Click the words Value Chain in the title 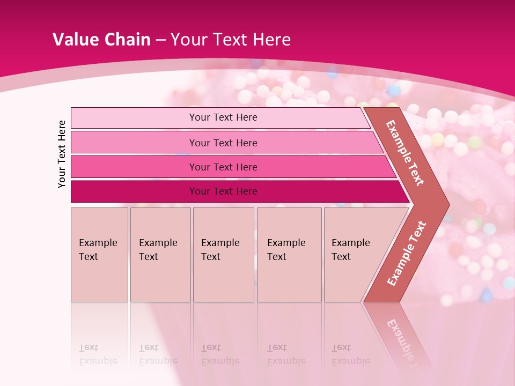[x=101, y=40]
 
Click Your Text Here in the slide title [x=231, y=40]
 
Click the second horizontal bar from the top [x=223, y=143]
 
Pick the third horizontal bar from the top [x=223, y=167]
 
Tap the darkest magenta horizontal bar [x=223, y=191]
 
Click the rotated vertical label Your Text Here [x=62, y=154]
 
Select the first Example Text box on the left [x=99, y=254]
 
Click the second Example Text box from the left [x=160, y=254]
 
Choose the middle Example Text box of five [x=223, y=254]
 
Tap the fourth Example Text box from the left [x=289, y=254]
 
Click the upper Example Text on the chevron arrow [x=405, y=153]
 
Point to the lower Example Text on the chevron [x=406, y=253]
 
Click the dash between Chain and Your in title [x=160, y=40]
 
